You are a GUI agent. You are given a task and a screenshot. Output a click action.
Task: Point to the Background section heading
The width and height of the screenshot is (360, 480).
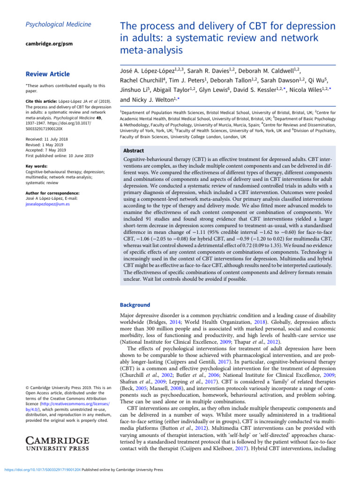pyautogui.click(x=135, y=305)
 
